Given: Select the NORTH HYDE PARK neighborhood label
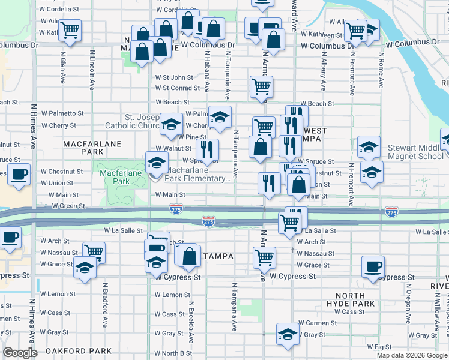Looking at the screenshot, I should pyautogui.click(x=351, y=299).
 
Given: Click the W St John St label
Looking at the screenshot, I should pyautogui.click(x=173, y=77).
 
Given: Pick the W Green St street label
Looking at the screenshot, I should pyautogui.click(x=68, y=206).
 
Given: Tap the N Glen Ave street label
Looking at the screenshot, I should pyautogui.click(x=62, y=67).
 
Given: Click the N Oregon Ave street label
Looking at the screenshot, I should pyautogui.click(x=411, y=310).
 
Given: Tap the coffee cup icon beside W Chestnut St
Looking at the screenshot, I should pyautogui.click(x=19, y=175).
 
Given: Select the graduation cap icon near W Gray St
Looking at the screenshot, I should pyautogui.click(x=288, y=334).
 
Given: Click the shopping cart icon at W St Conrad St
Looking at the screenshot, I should pyautogui.click(x=261, y=87).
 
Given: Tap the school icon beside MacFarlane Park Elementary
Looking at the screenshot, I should pyautogui.click(x=157, y=163).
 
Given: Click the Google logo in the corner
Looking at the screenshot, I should pyautogui.click(x=19, y=353).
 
